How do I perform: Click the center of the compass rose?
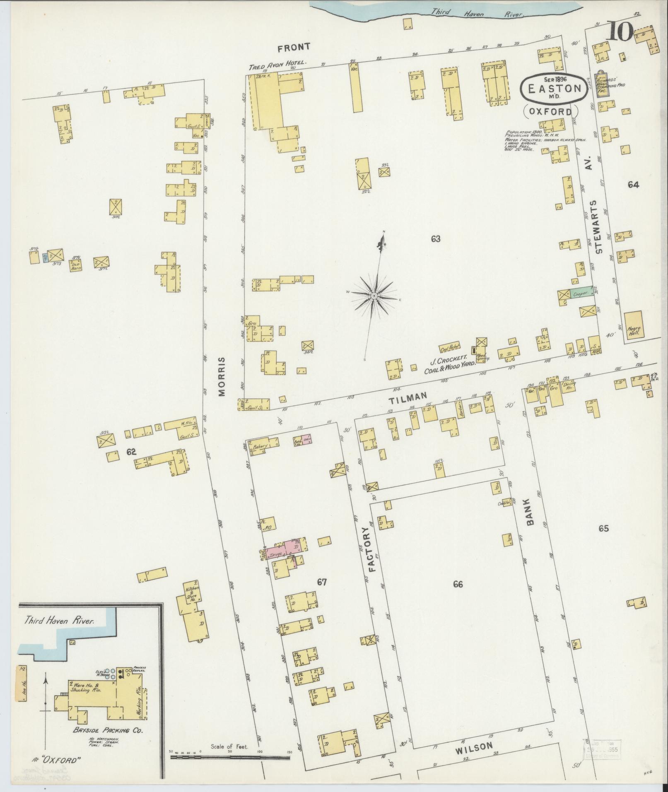pyautogui.click(x=374, y=296)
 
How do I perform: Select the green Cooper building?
pyautogui.click(x=581, y=294)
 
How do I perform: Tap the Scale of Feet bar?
pyautogui.click(x=230, y=757)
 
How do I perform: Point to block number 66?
pyautogui.click(x=458, y=584)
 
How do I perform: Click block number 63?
pyautogui.click(x=435, y=239)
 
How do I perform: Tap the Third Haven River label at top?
pyautogui.click(x=477, y=13)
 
